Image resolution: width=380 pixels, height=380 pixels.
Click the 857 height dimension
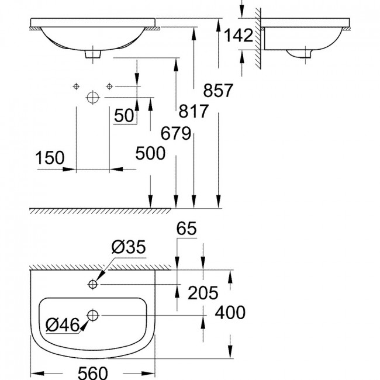point(218,91)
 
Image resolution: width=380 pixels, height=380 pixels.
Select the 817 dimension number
point(194,111)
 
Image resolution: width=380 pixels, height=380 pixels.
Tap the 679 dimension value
point(176,133)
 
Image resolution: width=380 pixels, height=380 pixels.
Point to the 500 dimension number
point(150,153)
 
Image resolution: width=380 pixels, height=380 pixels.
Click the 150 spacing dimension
point(50,158)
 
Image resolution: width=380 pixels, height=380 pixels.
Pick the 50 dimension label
point(124,115)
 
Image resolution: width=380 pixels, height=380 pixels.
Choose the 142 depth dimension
point(238,36)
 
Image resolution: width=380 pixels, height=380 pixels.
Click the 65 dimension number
point(186,228)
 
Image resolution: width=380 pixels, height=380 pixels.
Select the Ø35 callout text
point(129,247)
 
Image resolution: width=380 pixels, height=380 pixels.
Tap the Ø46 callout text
point(63,324)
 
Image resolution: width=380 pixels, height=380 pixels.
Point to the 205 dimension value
point(203,293)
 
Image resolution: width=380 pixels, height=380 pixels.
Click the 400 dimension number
point(230,312)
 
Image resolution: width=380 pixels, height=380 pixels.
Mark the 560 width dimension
point(93,373)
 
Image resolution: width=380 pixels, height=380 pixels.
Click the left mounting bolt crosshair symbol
point(77,87)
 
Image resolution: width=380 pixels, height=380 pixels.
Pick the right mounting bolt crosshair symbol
point(109,87)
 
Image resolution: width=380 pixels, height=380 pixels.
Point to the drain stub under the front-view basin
point(93,54)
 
